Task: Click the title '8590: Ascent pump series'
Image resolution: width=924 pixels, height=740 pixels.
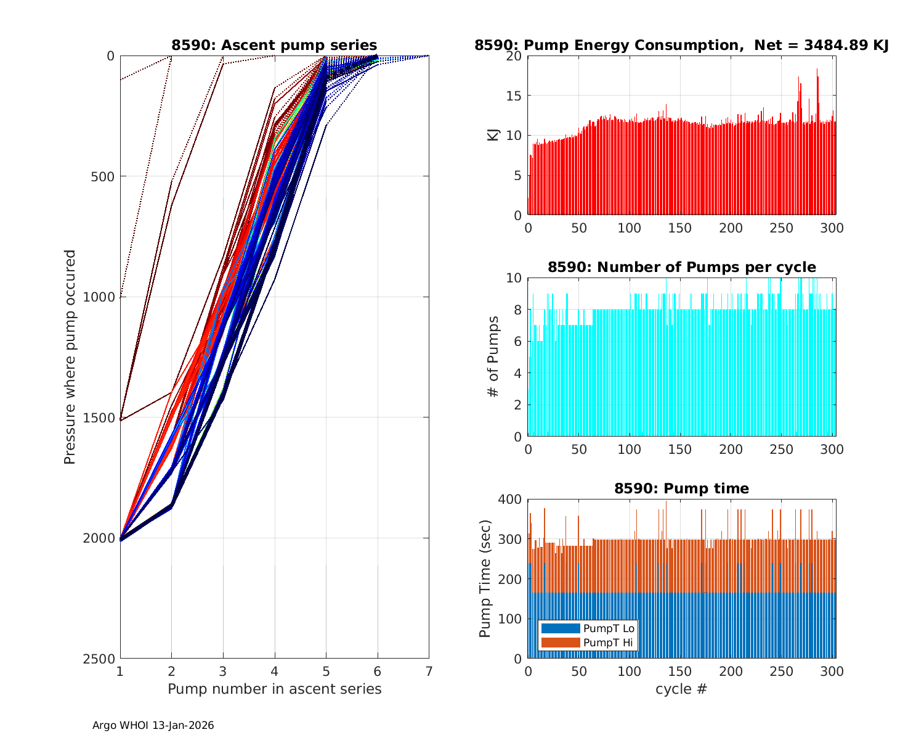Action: [274, 45]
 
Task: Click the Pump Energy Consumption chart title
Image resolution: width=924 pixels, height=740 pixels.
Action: [681, 45]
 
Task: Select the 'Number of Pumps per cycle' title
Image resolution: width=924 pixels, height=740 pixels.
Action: [681, 267]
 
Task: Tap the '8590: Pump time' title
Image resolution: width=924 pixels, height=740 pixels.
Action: [681, 488]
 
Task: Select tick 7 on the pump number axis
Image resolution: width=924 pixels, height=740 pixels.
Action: [429, 671]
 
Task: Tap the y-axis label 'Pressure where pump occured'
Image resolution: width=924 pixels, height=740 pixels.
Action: [70, 356]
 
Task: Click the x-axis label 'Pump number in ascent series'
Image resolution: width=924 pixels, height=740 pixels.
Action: [274, 689]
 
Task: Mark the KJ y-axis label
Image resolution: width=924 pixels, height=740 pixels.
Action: [493, 134]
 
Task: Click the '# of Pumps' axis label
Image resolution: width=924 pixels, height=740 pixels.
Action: [493, 356]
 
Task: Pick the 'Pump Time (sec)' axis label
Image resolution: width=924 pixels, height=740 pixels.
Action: [485, 578]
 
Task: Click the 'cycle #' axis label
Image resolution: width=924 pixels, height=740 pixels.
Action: [681, 689]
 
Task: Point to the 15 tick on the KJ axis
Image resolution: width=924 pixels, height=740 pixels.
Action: [516, 96]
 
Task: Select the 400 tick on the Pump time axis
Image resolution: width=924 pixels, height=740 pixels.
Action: [513, 499]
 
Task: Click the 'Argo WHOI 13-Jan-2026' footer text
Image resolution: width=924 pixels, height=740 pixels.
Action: [153, 726]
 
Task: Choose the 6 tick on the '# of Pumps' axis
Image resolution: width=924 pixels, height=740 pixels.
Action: [519, 341]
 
